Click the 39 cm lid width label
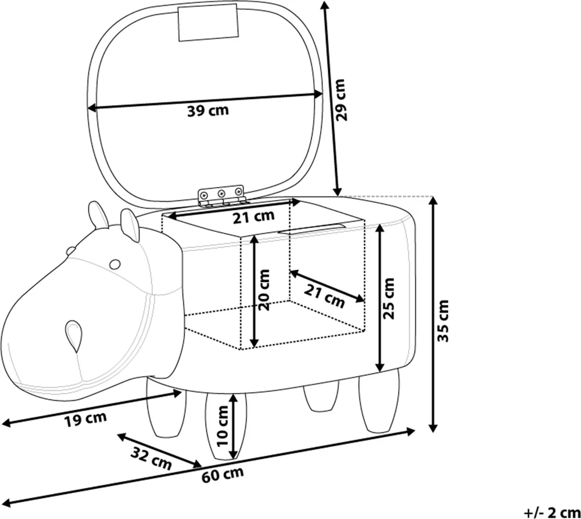pyautogui.click(x=208, y=110)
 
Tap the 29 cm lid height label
pyautogui.click(x=340, y=100)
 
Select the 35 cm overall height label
pyautogui.click(x=443, y=321)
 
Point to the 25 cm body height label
pyautogui.click(x=388, y=298)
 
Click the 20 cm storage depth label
pyautogui.click(x=264, y=290)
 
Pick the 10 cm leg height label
pyautogui.click(x=223, y=426)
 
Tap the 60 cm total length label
pyautogui.click(x=223, y=475)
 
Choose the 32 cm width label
pyautogui.click(x=151, y=458)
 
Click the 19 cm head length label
pyautogui.click(x=85, y=419)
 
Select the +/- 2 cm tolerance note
pyautogui.click(x=552, y=513)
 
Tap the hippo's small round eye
pyautogui.click(x=115, y=264)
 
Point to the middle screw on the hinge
pyautogui.click(x=221, y=193)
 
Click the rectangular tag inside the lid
pyautogui.click(x=207, y=23)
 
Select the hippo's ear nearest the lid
pyautogui.click(x=130, y=225)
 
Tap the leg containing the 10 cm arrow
pyautogui.click(x=225, y=427)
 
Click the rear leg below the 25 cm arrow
pyautogui.click(x=379, y=401)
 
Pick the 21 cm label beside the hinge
pyautogui.click(x=253, y=217)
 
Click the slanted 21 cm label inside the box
pyautogui.click(x=325, y=295)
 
